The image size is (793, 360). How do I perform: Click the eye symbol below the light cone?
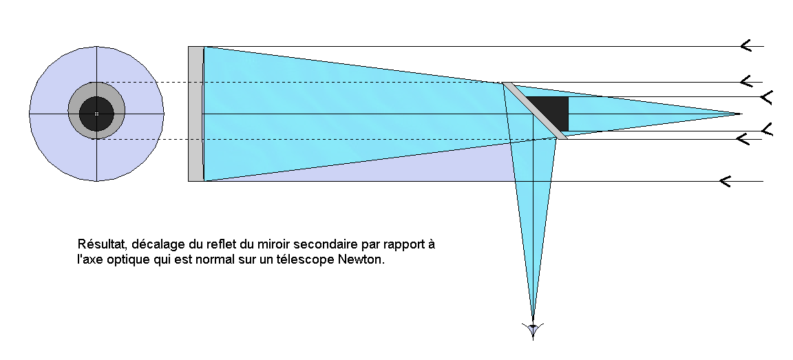pyautogui.click(x=532, y=330)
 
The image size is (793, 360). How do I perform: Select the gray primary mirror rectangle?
pyautogui.click(x=195, y=114)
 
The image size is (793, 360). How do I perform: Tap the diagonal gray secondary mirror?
pyautogui.click(x=535, y=111)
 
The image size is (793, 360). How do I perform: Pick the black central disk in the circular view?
pyautogui.click(x=96, y=114)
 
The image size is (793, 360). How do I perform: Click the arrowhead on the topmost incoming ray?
pyautogui.click(x=745, y=46)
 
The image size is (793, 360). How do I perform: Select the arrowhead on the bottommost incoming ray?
pyautogui.click(x=723, y=181)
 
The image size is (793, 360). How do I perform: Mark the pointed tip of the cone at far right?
pyautogui.click(x=741, y=114)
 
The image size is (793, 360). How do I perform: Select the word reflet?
pyautogui.click(x=211, y=245)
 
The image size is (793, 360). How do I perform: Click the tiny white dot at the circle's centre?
pyautogui.click(x=96, y=114)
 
